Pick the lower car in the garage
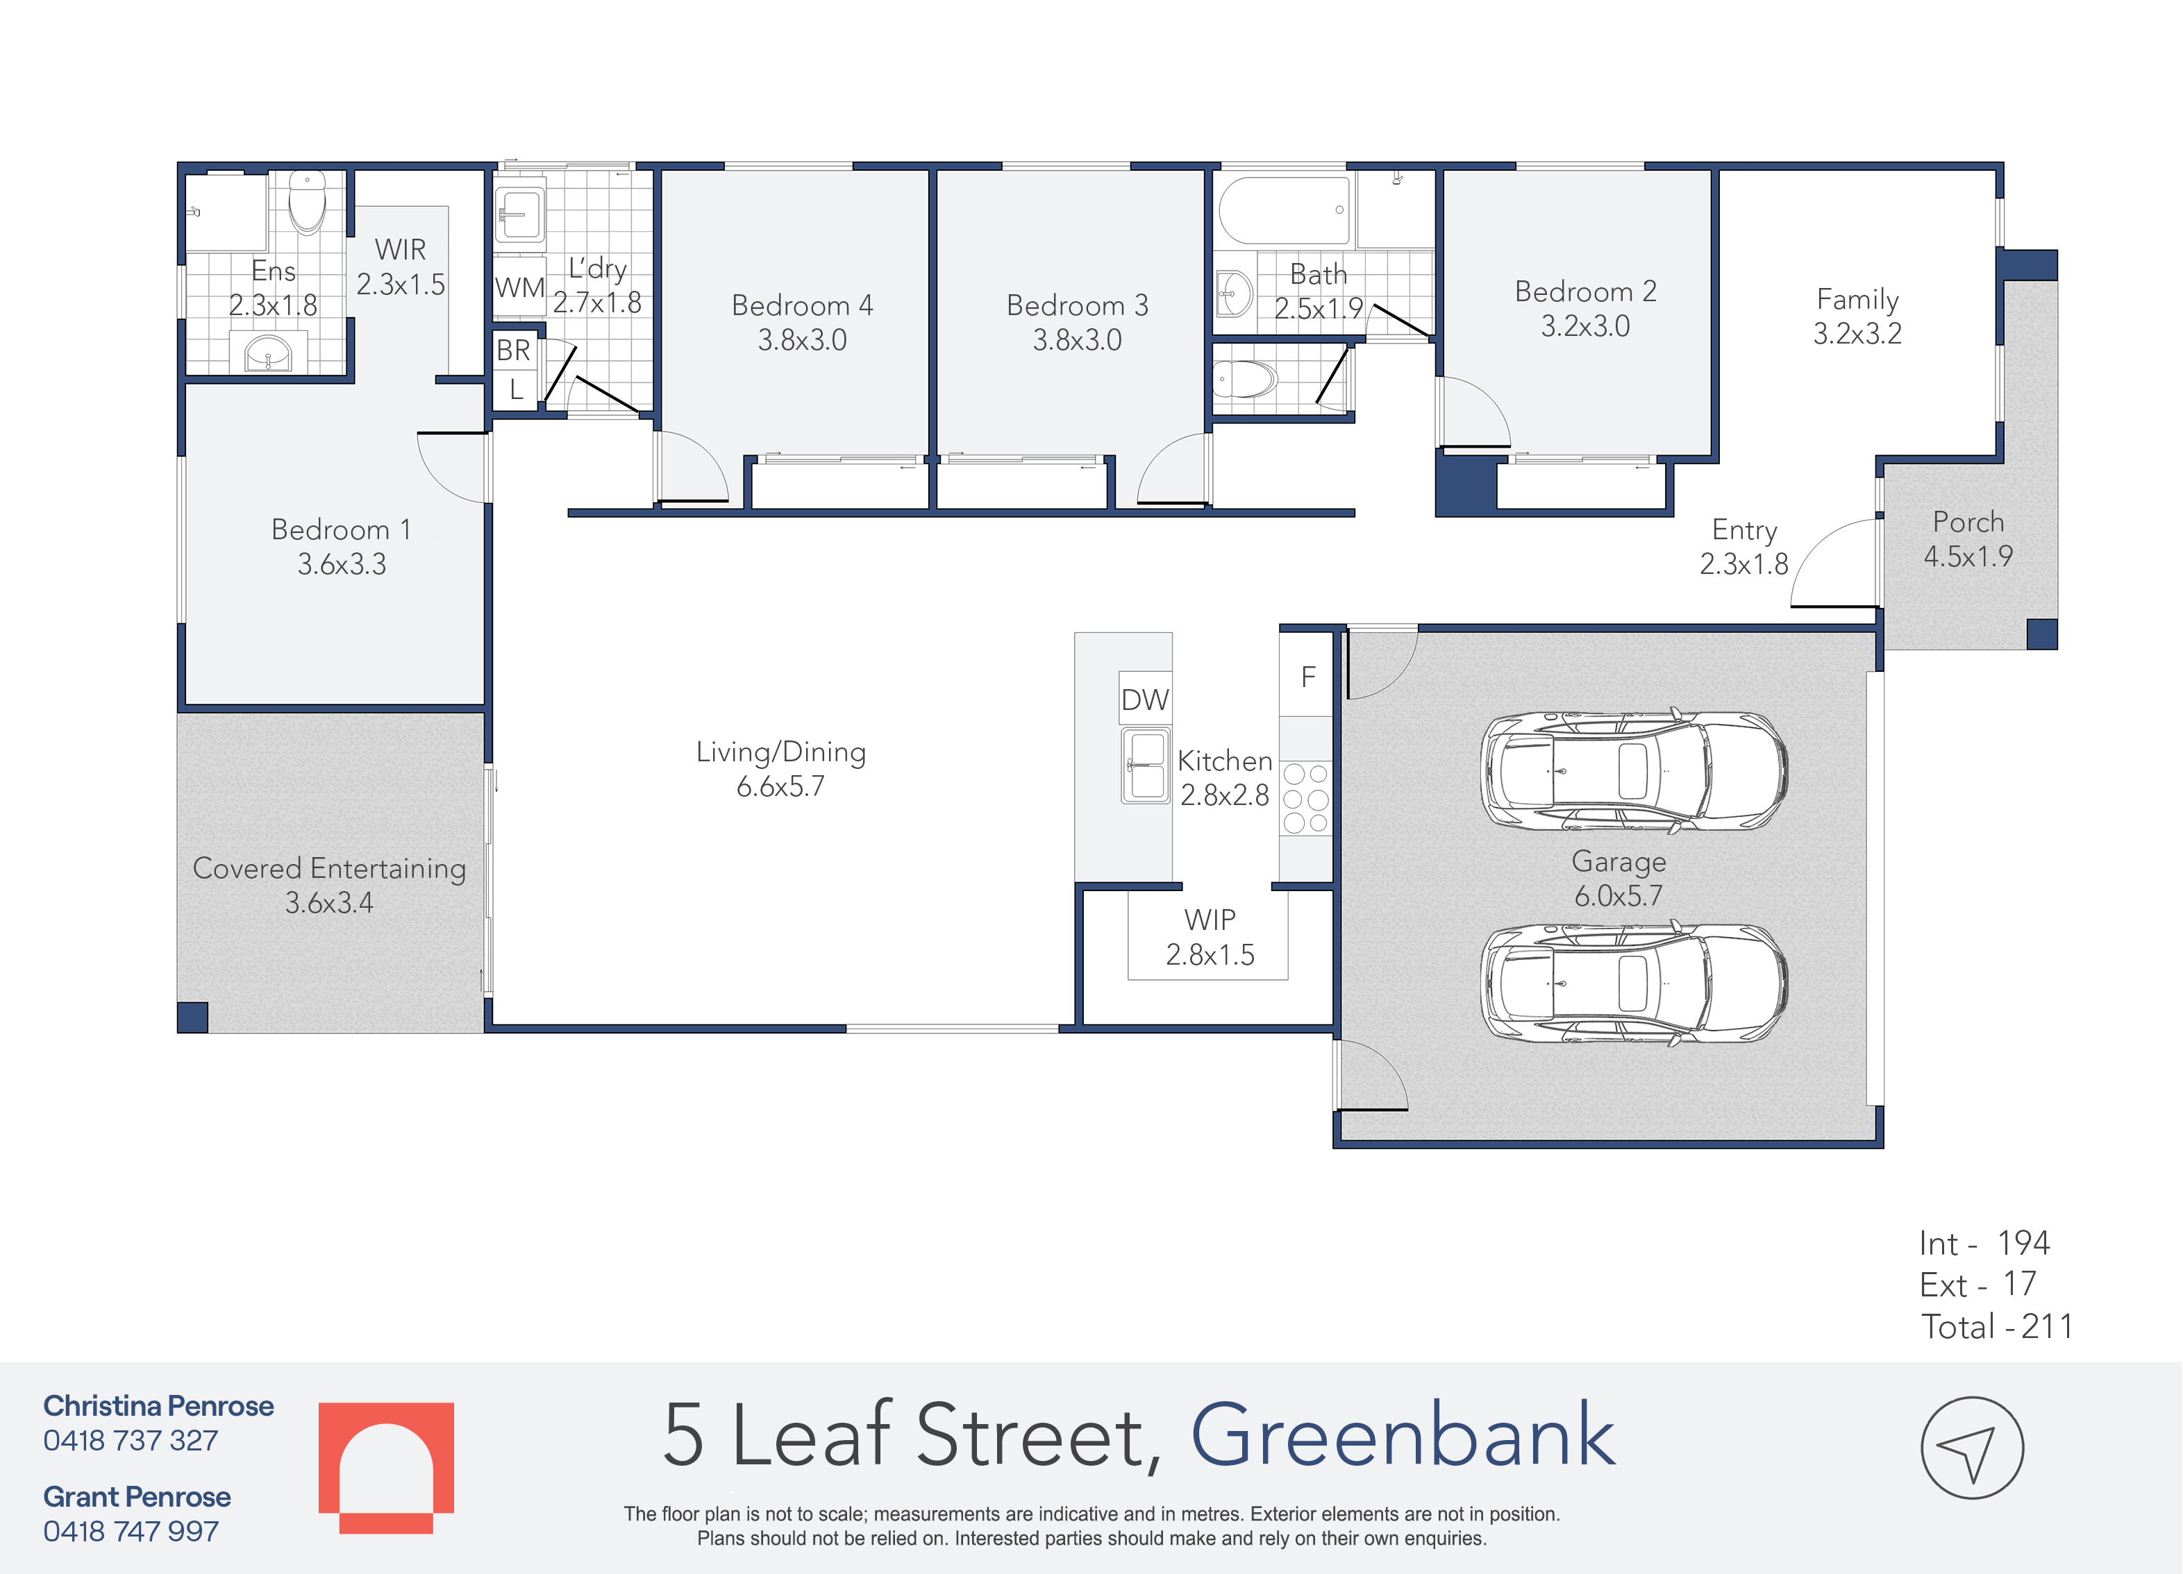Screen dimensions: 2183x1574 [1633, 983]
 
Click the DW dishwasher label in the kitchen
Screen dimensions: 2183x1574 [1144, 700]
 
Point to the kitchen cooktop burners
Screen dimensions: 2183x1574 [1306, 797]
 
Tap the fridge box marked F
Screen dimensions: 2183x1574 [1307, 677]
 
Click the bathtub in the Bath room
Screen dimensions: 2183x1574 [1284, 210]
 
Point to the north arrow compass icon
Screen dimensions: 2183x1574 [1972, 1447]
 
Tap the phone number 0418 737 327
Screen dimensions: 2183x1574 [131, 1440]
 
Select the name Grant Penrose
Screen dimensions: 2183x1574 [137, 1496]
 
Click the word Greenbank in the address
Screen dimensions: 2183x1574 [1403, 1435]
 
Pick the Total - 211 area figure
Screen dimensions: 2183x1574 [1997, 1327]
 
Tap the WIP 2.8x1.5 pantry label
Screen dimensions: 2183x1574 [1210, 937]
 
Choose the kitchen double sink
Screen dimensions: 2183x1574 [1146, 766]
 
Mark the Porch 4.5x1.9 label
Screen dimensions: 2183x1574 [1968, 539]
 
